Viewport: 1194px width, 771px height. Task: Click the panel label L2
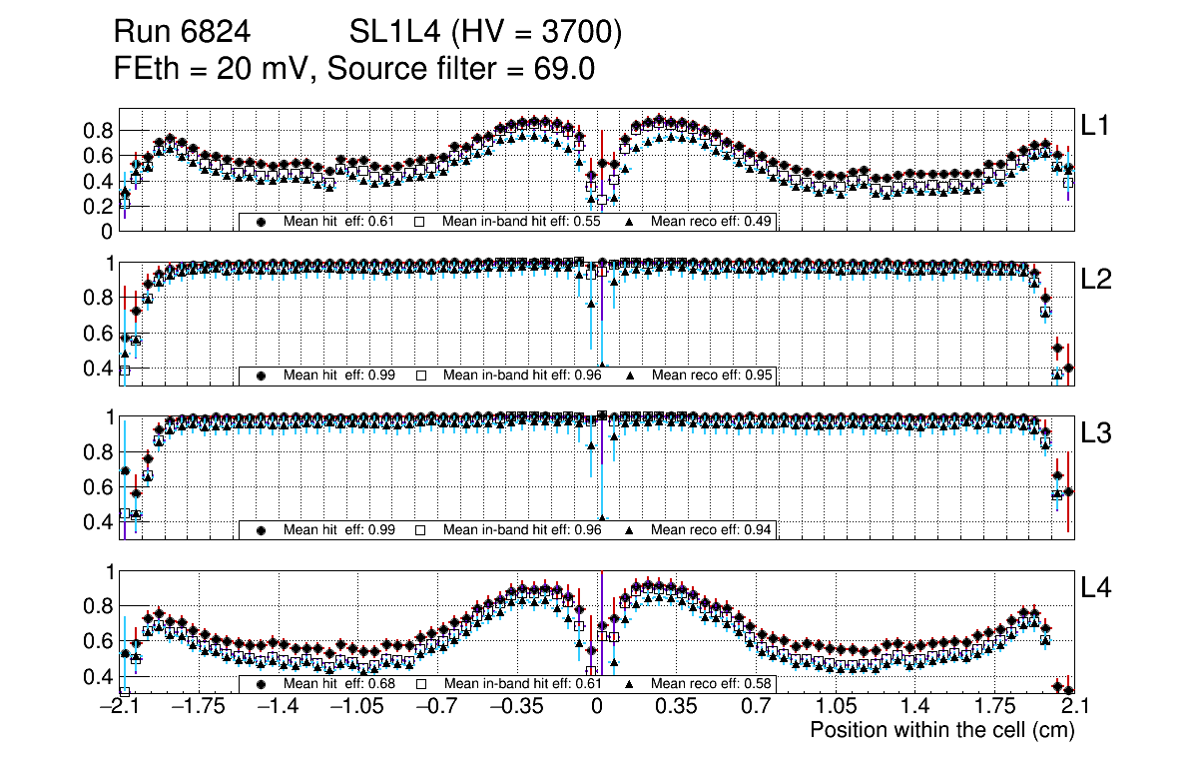click(x=1096, y=280)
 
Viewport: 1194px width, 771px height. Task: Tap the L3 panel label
click(x=1096, y=433)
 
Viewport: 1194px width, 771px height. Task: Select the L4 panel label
click(x=1096, y=588)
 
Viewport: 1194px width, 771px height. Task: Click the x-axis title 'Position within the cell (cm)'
click(x=941, y=730)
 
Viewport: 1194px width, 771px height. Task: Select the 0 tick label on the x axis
click(x=597, y=707)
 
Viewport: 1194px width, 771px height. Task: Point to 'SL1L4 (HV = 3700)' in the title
click(x=486, y=33)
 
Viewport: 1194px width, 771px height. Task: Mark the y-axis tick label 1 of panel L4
click(x=112, y=571)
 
